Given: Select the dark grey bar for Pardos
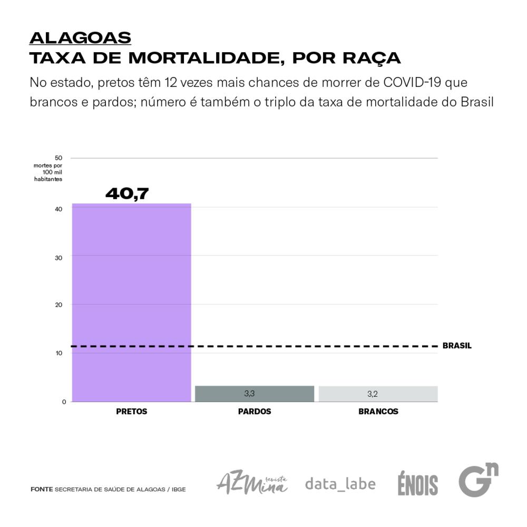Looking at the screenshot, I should (255, 394).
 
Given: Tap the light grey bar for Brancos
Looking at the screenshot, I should (378, 394).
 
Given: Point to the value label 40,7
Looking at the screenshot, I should (127, 193).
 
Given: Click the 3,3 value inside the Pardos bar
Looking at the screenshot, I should (250, 393).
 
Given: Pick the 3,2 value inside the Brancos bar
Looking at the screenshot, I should (373, 394).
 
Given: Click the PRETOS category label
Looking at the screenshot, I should (132, 412).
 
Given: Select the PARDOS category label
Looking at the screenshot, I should (255, 412).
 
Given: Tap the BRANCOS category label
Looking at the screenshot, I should (378, 412).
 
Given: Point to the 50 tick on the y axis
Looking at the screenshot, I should (58, 158).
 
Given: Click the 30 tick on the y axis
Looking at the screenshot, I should (59, 257).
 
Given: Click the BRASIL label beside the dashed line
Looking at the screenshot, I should (457, 346).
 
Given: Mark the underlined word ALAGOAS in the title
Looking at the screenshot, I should (80, 38).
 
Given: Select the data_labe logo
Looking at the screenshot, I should (340, 483).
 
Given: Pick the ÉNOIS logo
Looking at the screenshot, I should (418, 484).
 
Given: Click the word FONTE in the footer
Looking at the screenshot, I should (42, 490).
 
